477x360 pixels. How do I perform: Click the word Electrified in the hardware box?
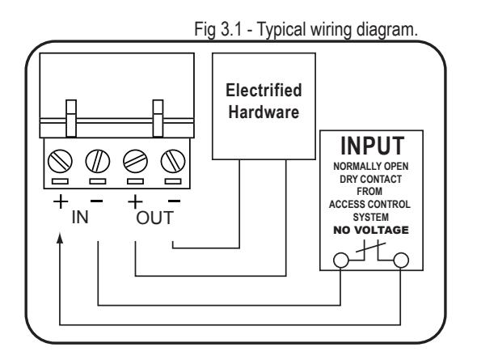coord(264,91)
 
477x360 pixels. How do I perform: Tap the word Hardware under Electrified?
coord(264,112)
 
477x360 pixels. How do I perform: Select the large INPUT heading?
coord(372,146)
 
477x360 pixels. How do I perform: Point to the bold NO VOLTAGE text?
coord(371,230)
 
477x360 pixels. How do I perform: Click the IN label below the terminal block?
coord(80,218)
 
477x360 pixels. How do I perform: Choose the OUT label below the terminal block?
coord(155,218)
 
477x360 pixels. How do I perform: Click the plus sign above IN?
coord(61,201)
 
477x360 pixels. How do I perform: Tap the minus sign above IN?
coord(97,201)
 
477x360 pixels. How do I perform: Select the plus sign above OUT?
coord(135,201)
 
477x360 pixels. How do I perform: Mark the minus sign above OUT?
coord(174,201)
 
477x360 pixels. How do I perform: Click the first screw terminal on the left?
coord(60,161)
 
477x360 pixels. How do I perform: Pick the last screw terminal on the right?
coord(173,161)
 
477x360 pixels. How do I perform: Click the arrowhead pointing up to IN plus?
coord(60,239)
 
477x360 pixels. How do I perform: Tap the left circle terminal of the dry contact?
coord(340,260)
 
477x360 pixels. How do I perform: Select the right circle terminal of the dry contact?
coord(401,260)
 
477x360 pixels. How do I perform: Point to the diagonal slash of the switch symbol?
coord(371,247)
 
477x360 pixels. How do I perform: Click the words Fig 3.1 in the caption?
coord(217,29)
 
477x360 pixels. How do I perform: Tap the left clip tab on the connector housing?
coord(71,118)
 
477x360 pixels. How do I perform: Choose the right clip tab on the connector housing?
coord(158,118)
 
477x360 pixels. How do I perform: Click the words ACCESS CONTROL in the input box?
coord(369,204)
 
